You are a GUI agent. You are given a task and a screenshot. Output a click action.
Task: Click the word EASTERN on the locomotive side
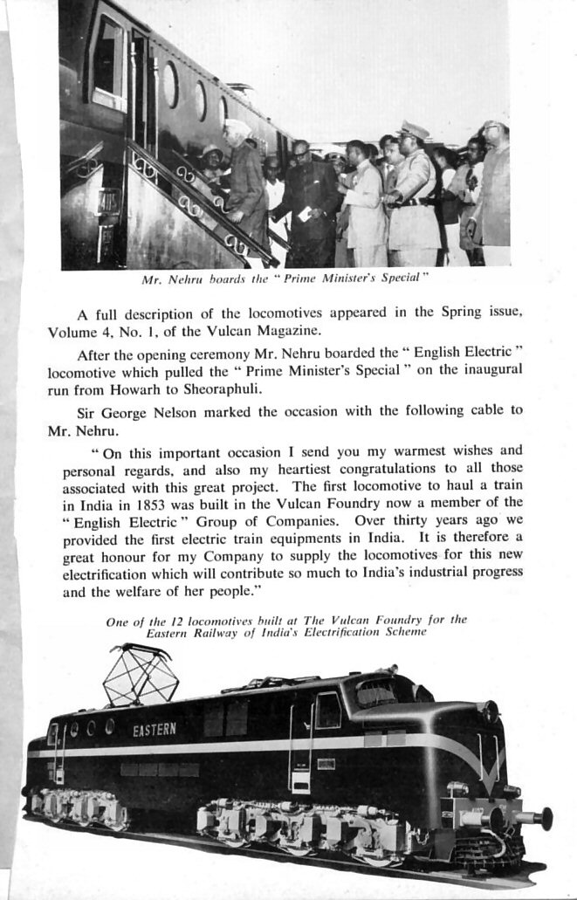pyautogui.click(x=155, y=729)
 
